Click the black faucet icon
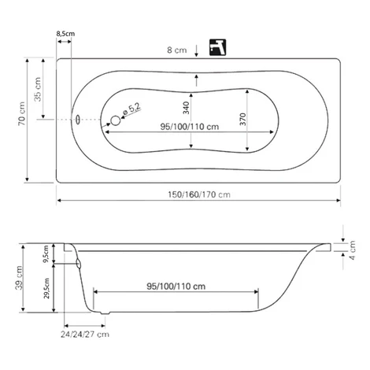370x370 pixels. click(217, 47)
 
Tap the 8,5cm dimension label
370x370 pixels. click(65, 34)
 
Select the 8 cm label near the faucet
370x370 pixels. click(177, 50)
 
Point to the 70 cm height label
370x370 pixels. click(22, 113)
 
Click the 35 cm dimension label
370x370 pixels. click(38, 89)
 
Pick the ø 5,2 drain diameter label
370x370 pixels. click(131, 109)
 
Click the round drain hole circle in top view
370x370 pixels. click(116, 120)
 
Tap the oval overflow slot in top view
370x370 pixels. click(78, 120)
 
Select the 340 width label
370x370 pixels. click(186, 108)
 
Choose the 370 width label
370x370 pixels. click(243, 119)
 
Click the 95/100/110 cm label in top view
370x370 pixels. click(190, 127)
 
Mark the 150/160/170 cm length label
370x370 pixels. click(199, 194)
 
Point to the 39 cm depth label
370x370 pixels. click(20, 278)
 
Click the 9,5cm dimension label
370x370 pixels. click(46, 253)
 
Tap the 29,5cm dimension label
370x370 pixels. click(46, 288)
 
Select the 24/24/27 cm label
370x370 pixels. click(85, 335)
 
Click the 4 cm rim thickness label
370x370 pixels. click(353, 250)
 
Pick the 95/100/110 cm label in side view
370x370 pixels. click(176, 287)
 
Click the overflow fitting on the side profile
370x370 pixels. click(78, 264)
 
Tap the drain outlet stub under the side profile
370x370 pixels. click(105, 313)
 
